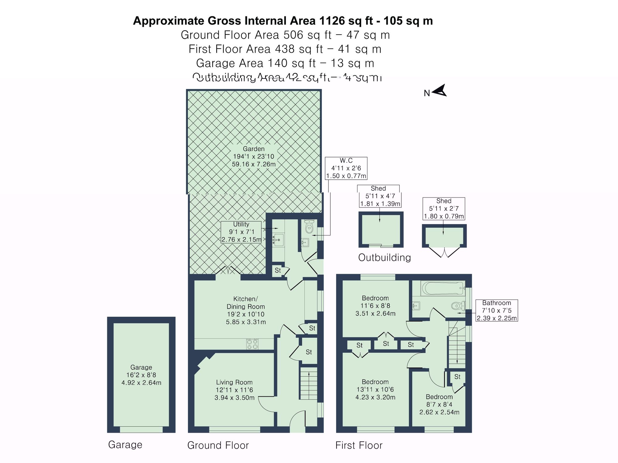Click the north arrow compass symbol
point(439,91)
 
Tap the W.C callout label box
point(346,168)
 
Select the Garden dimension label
point(254,156)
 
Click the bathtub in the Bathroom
point(442,288)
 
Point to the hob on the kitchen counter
point(252,344)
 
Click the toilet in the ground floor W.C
point(309,227)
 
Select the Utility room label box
point(241,232)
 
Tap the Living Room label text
point(234,390)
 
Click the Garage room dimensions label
point(141,375)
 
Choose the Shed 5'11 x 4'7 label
point(380,196)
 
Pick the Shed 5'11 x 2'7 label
point(444,209)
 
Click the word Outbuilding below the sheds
point(384,258)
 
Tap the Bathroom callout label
point(497,311)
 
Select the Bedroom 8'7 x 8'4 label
point(439,404)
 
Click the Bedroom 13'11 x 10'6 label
point(375,390)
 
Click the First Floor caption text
point(359,445)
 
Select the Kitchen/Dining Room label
point(246,310)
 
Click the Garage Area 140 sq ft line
point(285,63)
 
